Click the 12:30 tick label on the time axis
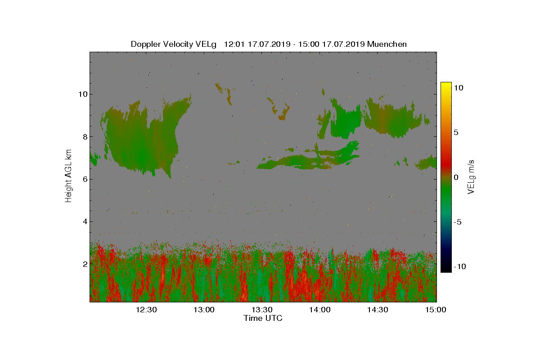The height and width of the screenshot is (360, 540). [146, 310]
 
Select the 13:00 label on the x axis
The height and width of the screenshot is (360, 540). [204, 310]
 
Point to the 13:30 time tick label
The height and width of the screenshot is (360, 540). [262, 310]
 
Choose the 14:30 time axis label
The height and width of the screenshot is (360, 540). [378, 310]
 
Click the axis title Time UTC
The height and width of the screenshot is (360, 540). [263, 318]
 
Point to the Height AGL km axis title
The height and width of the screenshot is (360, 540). [68, 175]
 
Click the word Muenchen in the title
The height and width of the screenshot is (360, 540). [387, 44]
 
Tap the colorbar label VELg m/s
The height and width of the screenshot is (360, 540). [471, 176]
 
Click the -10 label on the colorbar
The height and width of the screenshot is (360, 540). [460, 267]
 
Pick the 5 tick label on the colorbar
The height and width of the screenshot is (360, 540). [456, 132]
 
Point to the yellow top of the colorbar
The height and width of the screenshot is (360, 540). [445, 85]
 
